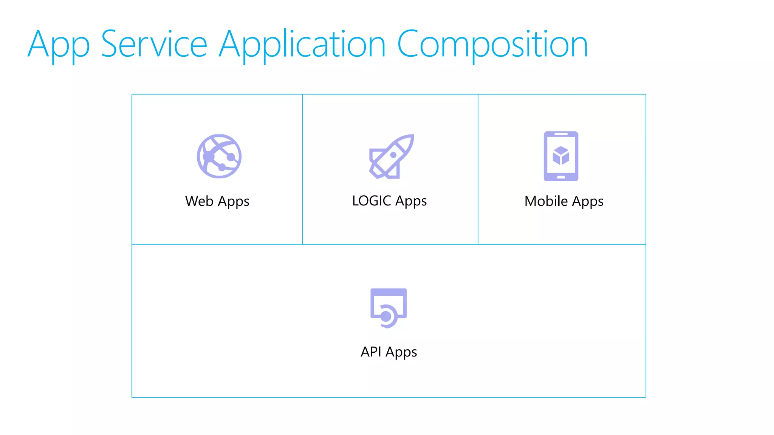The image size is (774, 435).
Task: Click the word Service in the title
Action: click(x=154, y=45)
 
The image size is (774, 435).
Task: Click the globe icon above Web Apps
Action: click(x=219, y=156)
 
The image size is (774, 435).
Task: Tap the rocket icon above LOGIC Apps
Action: click(x=392, y=156)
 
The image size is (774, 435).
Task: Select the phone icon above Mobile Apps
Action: click(x=561, y=156)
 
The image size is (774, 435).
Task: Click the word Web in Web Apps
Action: click(x=199, y=201)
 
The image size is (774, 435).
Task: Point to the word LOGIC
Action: click(x=372, y=201)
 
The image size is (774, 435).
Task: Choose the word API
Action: click(x=371, y=352)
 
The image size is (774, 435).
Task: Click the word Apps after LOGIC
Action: click(x=411, y=202)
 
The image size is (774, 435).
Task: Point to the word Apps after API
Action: click(x=401, y=353)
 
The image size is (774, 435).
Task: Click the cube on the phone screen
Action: click(x=561, y=155)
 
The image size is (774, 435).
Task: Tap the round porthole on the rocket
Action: click(x=393, y=155)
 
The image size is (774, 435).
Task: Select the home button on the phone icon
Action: click(x=561, y=177)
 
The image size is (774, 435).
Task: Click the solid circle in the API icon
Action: click(x=386, y=316)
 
